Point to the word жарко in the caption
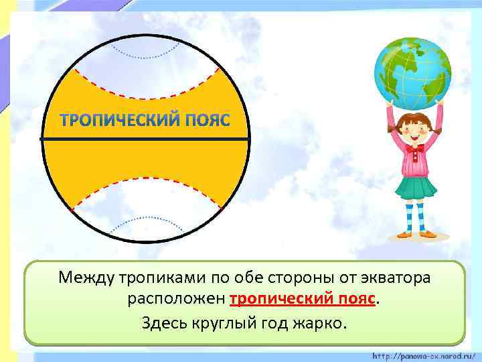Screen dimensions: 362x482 [x=317, y=323]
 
